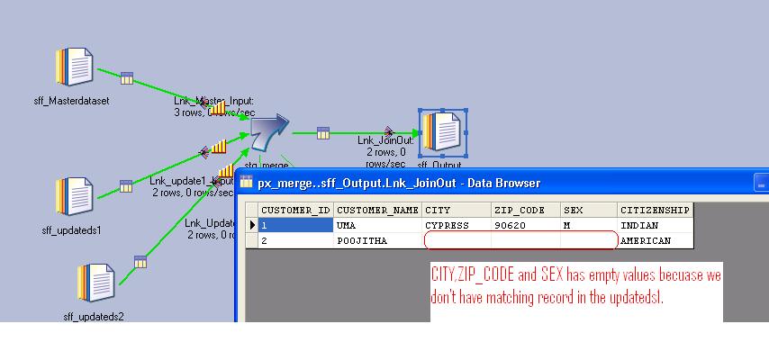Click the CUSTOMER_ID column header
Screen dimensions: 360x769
295,210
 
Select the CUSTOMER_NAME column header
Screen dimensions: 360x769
377,210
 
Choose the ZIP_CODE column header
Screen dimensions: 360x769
526,210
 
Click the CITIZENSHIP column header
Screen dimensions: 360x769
655,210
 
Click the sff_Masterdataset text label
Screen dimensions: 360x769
70,101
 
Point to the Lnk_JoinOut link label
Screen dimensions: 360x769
385,140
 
